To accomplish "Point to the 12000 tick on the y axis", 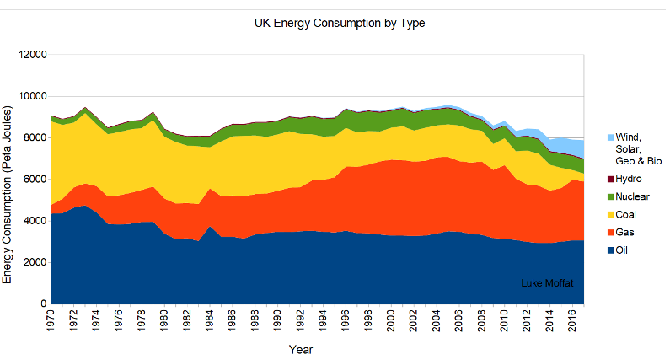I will click(29, 55).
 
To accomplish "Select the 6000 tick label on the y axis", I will click(32, 180).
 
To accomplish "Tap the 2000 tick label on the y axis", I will click(32, 262).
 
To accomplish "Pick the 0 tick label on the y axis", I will click(40, 304).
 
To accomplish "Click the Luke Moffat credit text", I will click(548, 282).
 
